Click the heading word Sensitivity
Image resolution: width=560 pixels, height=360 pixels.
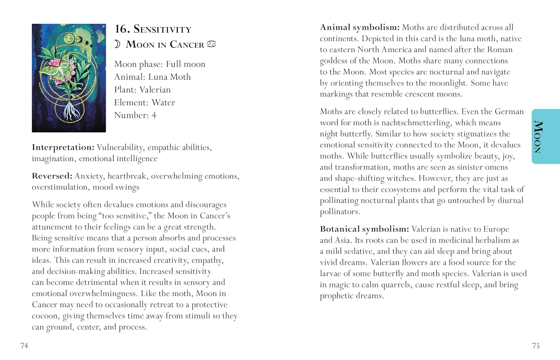(162, 29)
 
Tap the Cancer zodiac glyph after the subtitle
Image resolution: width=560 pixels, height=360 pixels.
(212, 44)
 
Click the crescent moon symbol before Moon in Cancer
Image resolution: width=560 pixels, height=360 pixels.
(117, 44)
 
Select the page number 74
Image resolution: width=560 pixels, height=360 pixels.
(24, 346)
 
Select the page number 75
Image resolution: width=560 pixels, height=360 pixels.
(536, 346)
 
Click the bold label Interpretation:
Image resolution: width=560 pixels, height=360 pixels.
(63, 148)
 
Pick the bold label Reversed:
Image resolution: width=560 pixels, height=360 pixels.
(52, 176)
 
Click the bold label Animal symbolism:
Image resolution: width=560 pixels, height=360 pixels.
(360, 27)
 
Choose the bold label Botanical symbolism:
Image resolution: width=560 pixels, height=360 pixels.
(364, 229)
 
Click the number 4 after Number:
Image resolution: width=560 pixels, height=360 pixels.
(154, 115)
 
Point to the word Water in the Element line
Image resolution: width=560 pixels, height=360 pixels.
(163, 102)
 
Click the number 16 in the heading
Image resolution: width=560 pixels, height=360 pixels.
(122, 29)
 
